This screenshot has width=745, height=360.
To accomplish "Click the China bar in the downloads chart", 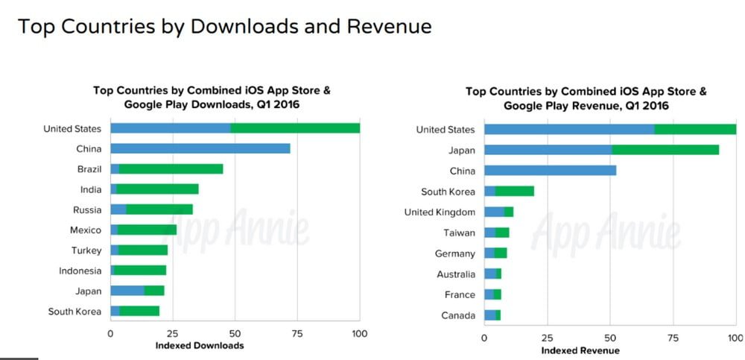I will pos(200,149).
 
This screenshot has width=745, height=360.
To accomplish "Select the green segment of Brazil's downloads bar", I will pos(171,169).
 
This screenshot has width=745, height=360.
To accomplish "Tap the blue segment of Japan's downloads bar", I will pos(127,291).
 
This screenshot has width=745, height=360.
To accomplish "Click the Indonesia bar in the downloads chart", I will pos(139,271).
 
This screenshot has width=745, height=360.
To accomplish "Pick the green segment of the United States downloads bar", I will pos(295,128).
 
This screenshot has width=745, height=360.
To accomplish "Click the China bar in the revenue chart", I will pos(550,171).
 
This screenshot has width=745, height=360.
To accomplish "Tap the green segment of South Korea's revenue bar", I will pos(515,192).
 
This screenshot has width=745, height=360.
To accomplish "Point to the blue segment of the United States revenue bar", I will pos(569,130).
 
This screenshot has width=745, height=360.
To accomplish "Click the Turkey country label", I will pos(86,250).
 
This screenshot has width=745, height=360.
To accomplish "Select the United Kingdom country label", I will pos(440,212).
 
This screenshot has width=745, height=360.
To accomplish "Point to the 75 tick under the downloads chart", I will pos(297,333).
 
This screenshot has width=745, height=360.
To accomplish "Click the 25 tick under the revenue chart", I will pos(547,338).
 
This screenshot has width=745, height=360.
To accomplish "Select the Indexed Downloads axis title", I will pos(199,346).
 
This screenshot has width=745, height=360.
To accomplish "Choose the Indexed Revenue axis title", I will pos(580,350).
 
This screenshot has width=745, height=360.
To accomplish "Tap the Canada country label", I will pos(457,315).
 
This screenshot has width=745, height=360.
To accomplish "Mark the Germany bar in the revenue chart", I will pos(495,253).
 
